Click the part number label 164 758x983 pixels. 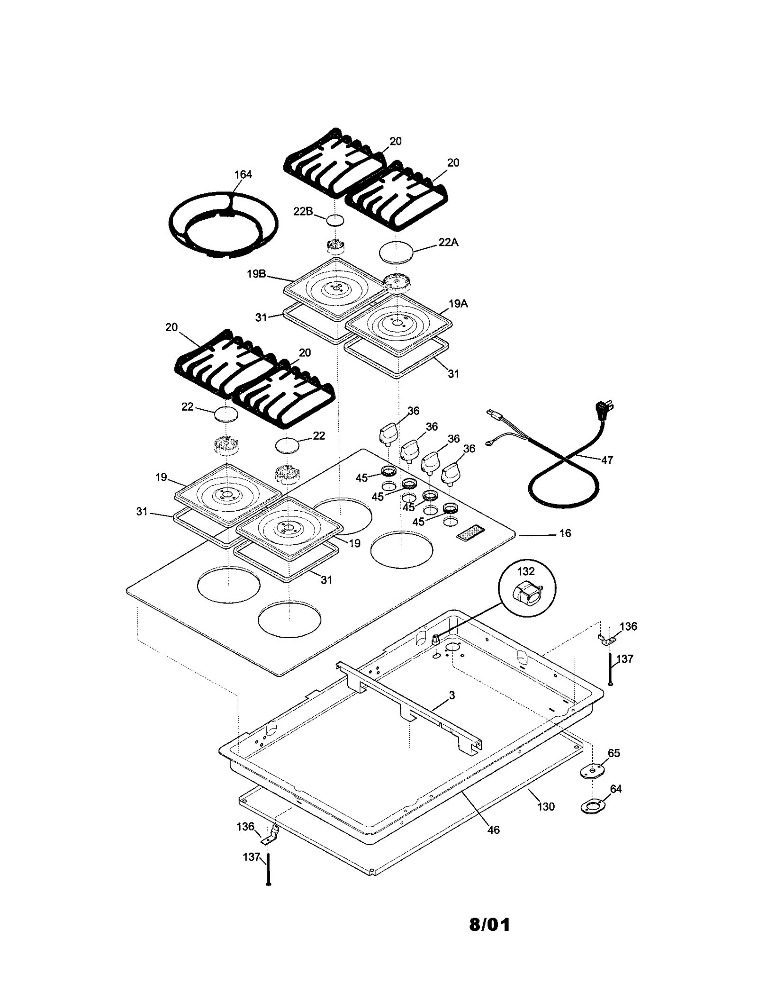[x=243, y=174]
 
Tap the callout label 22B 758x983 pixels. [x=303, y=211]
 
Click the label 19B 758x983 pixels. [x=256, y=274]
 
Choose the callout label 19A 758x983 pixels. [x=458, y=304]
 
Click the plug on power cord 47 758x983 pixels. [x=605, y=408]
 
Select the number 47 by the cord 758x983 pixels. [x=607, y=460]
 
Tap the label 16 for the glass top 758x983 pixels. [x=565, y=533]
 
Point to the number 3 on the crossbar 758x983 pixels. [x=451, y=695]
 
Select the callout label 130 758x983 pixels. [x=546, y=806]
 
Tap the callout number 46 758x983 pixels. [x=493, y=830]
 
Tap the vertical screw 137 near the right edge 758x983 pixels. [x=611, y=669]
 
